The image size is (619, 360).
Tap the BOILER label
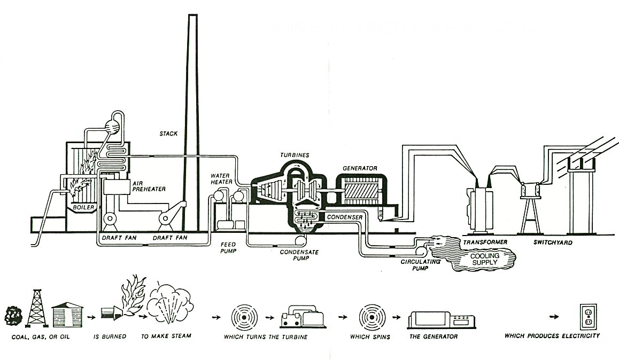[x=83, y=207]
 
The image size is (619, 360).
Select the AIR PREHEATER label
[x=148, y=186]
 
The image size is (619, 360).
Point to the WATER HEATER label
[x=221, y=178]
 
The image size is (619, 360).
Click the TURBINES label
[x=295, y=155]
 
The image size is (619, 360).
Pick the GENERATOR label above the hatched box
[x=360, y=168]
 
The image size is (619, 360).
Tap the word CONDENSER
[x=345, y=217]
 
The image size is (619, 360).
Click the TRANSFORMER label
[x=485, y=242]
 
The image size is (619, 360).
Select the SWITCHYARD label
[x=553, y=242]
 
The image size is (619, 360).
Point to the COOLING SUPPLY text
[x=484, y=259]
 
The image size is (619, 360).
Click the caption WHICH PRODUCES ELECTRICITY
[x=552, y=336]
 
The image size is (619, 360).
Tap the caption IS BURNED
[x=110, y=336]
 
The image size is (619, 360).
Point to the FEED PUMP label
[x=228, y=247]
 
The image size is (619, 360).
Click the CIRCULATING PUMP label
[x=420, y=265]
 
